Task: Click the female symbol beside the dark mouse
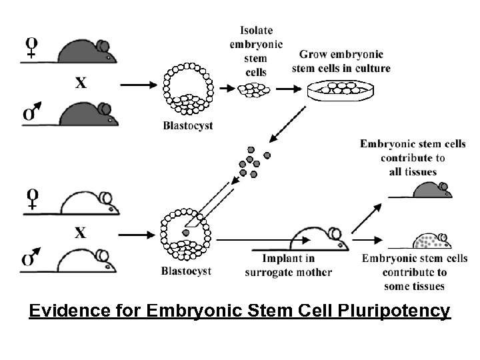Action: click(31, 48)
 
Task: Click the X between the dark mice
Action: click(81, 83)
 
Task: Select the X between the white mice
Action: click(81, 233)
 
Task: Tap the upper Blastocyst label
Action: click(188, 126)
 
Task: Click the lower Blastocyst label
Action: click(187, 271)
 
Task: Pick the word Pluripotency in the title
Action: click(394, 311)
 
